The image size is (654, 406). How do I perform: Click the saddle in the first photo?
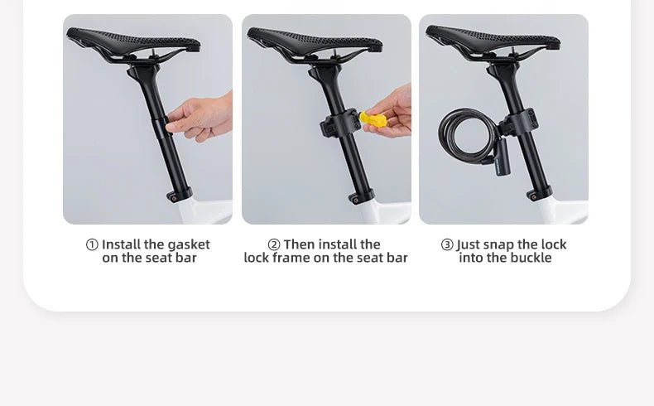click(132, 41)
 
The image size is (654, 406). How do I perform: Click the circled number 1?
click(92, 244)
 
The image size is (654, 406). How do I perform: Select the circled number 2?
click(274, 244)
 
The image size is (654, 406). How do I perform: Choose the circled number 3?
click(447, 244)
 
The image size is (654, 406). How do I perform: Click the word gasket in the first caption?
click(189, 244)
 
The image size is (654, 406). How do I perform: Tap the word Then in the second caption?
click(301, 244)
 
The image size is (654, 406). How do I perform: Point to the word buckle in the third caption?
click(529, 258)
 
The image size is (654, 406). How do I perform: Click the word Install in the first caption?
click(120, 244)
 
